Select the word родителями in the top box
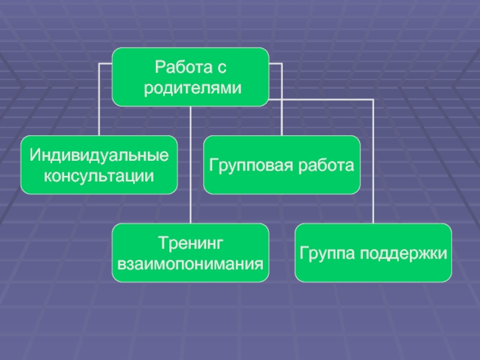tap(190, 88)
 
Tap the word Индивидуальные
tap(99, 155)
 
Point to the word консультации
tap(99, 176)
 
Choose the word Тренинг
tap(190, 242)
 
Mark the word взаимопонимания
tap(190, 263)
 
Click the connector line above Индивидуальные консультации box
tap(99, 102)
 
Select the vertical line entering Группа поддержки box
tap(373, 168)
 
